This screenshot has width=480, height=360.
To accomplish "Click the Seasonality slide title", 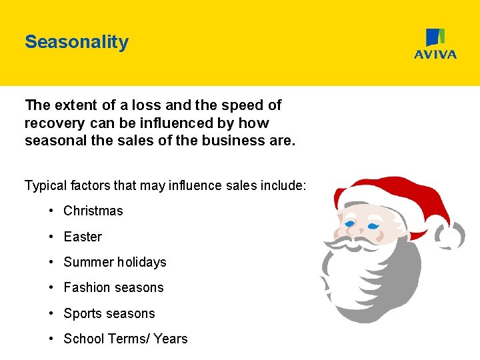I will tap(76, 42).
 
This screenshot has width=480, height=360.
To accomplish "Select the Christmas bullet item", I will tap(93, 211).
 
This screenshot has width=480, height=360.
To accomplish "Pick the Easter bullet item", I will tap(83, 237).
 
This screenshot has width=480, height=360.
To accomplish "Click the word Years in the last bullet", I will tap(171, 339).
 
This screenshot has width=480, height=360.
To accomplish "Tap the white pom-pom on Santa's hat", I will tap(452, 235).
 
